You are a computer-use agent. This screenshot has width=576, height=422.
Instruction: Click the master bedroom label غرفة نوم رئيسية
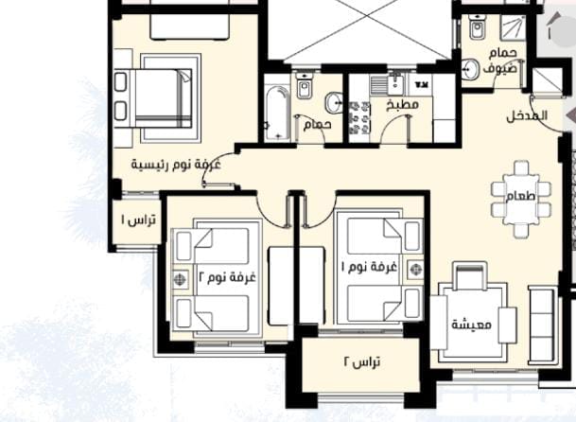point(176,165)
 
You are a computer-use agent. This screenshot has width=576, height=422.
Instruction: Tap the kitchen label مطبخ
point(403,105)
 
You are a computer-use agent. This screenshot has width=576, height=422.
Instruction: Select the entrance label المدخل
point(527,116)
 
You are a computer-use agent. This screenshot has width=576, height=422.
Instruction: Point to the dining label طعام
point(521,196)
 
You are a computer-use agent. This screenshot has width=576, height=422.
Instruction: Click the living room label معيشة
point(471,325)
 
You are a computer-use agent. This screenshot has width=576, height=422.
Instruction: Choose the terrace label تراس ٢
point(362,362)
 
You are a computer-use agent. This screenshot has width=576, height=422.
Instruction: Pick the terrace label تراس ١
point(138,220)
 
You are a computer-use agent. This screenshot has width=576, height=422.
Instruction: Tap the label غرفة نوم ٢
point(227,275)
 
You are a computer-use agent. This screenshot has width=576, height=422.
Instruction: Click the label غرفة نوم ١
point(370,266)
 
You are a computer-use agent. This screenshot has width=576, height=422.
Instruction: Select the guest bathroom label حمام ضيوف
point(501,61)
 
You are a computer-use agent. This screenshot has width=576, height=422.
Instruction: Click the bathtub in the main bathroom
point(278,114)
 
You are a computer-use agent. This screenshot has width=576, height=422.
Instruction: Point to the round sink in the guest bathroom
point(471,69)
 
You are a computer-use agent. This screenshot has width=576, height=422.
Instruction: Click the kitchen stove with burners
point(358,118)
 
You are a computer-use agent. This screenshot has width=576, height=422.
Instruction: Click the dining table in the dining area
point(521,199)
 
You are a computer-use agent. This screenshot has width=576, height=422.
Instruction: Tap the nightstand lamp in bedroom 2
point(180,279)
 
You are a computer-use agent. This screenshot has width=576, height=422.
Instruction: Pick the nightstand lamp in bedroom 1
point(415,270)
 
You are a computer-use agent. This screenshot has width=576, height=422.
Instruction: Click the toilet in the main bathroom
point(305,87)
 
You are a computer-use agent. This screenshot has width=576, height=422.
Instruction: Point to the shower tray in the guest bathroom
point(514,28)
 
